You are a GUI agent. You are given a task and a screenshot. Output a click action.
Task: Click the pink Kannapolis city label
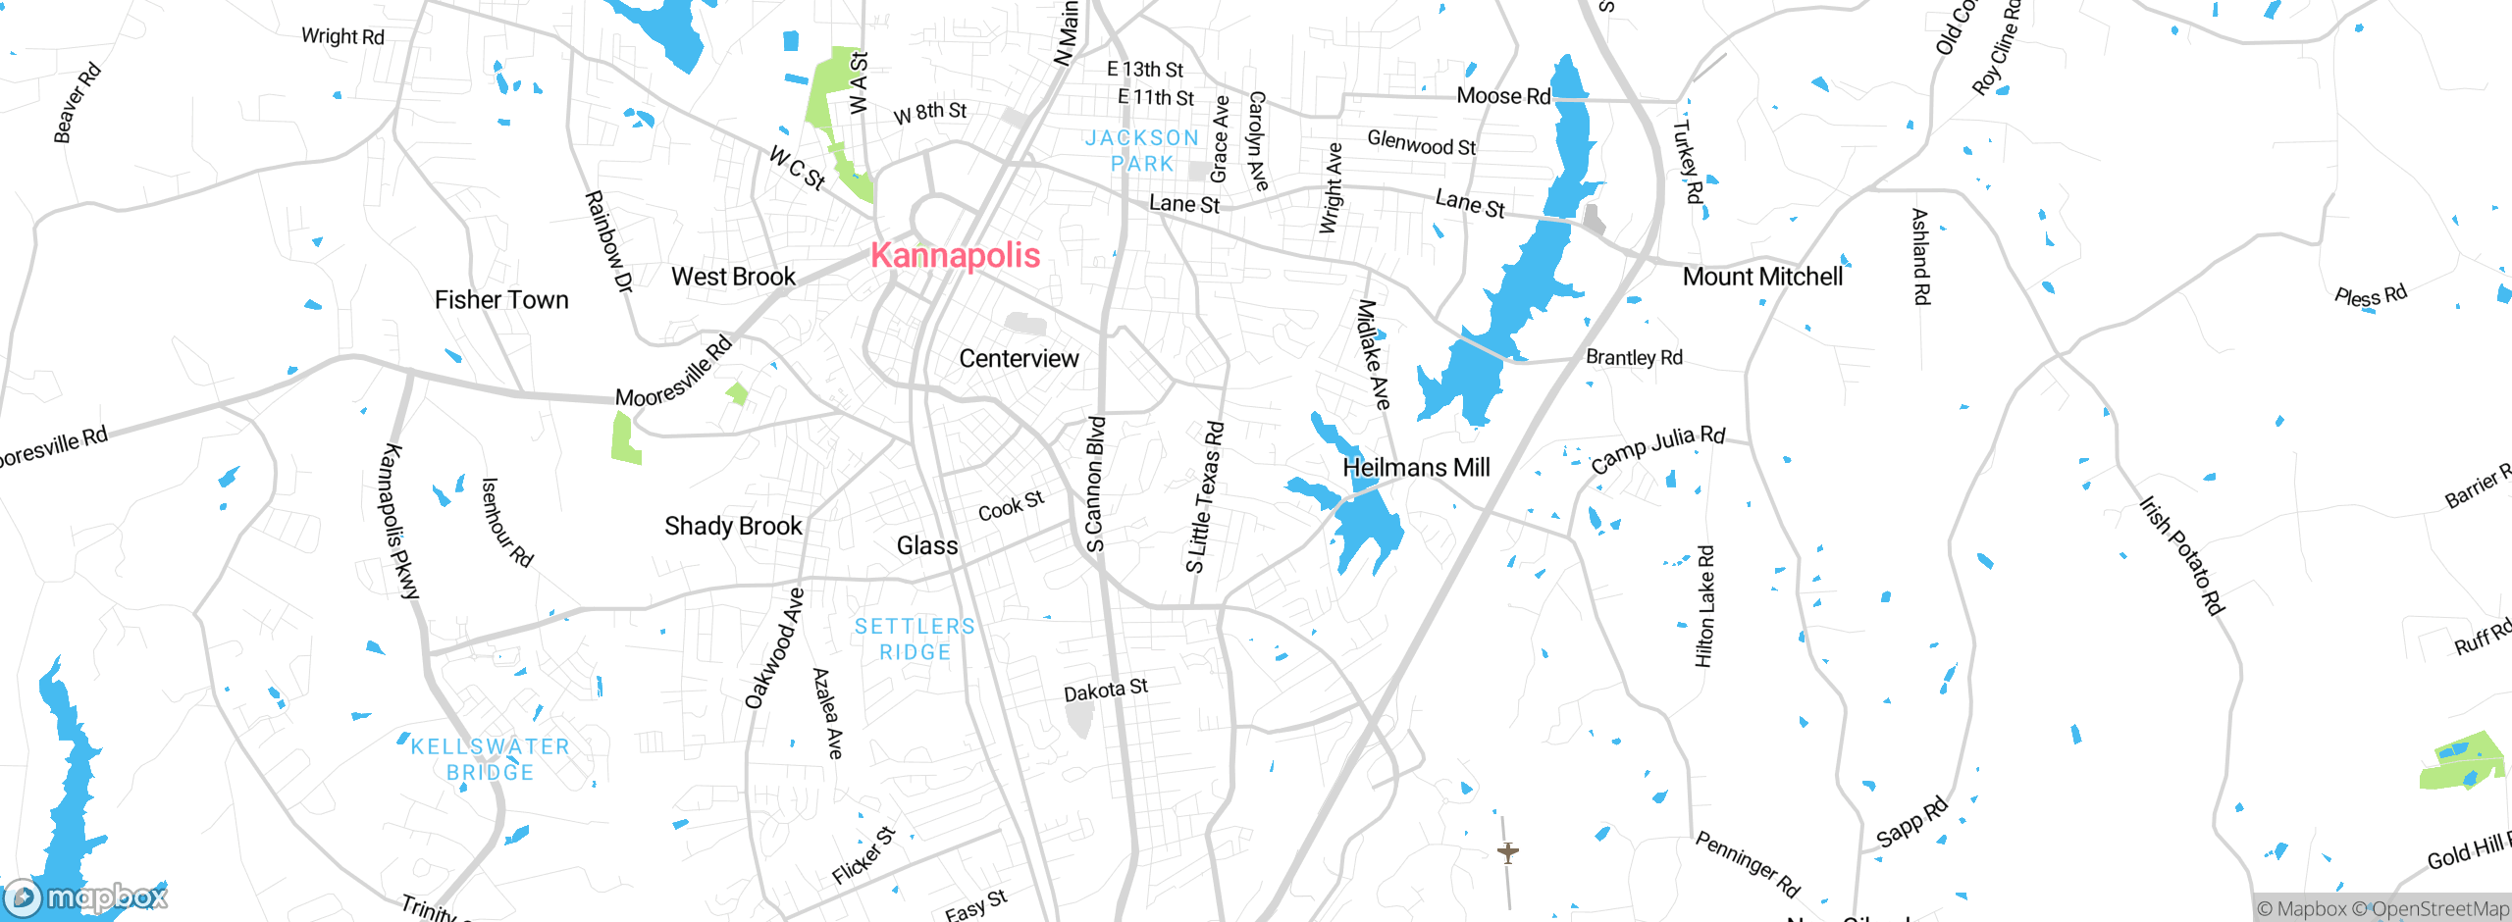(955, 256)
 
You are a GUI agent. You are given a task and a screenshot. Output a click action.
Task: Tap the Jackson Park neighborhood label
(1142, 151)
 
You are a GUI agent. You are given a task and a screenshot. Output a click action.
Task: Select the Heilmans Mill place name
(1415, 468)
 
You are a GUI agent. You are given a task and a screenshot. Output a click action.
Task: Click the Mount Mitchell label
(1762, 277)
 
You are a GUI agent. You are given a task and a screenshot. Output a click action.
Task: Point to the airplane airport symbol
(1508, 852)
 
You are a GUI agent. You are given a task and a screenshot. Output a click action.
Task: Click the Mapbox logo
(86, 896)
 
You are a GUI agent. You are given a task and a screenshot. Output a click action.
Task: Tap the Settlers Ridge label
(915, 640)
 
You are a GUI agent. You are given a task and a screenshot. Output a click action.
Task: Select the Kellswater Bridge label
(490, 759)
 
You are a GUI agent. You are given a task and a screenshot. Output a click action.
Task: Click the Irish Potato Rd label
(2182, 555)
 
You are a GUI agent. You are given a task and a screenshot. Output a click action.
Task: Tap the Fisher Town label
(501, 300)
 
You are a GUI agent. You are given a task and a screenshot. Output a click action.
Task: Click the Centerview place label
(1019, 359)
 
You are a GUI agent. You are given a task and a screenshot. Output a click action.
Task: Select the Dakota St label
(1106, 691)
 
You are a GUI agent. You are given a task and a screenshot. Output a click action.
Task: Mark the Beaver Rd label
(77, 103)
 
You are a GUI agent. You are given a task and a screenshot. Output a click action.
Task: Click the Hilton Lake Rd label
(1705, 606)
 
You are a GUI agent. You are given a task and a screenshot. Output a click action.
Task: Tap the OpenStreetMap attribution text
(2437, 909)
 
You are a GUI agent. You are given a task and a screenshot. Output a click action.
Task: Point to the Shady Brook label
(733, 527)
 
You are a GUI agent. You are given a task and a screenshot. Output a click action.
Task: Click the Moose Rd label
(1503, 96)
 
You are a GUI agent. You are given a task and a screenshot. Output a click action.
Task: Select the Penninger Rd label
(1748, 864)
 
